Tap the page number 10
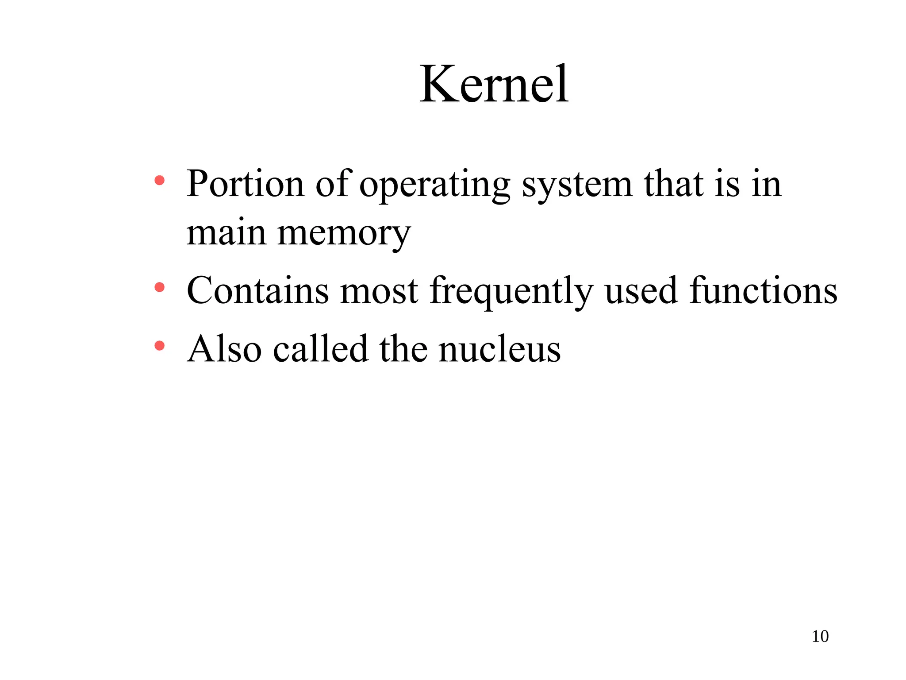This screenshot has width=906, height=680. point(820,636)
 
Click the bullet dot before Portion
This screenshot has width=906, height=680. point(160,181)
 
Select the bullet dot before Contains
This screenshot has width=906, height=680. point(160,288)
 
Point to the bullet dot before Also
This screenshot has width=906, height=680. point(160,346)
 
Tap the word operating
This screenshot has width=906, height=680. point(434,185)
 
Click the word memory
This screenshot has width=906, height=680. point(344,234)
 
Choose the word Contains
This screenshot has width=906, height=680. point(258,290)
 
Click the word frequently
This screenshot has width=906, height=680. point(511,292)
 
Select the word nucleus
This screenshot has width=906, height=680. point(499,349)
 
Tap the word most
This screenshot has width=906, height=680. point(379,291)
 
